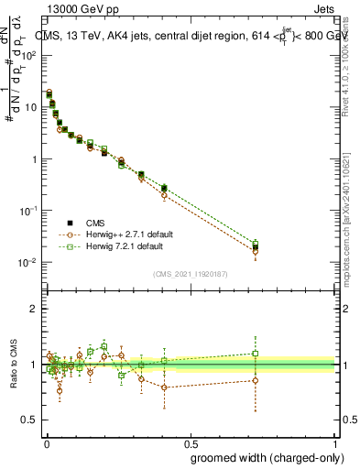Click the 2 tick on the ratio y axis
(34, 309)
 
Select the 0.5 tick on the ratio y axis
(30, 420)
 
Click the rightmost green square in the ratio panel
(256, 353)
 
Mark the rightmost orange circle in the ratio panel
(256, 380)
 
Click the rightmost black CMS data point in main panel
(256, 247)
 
